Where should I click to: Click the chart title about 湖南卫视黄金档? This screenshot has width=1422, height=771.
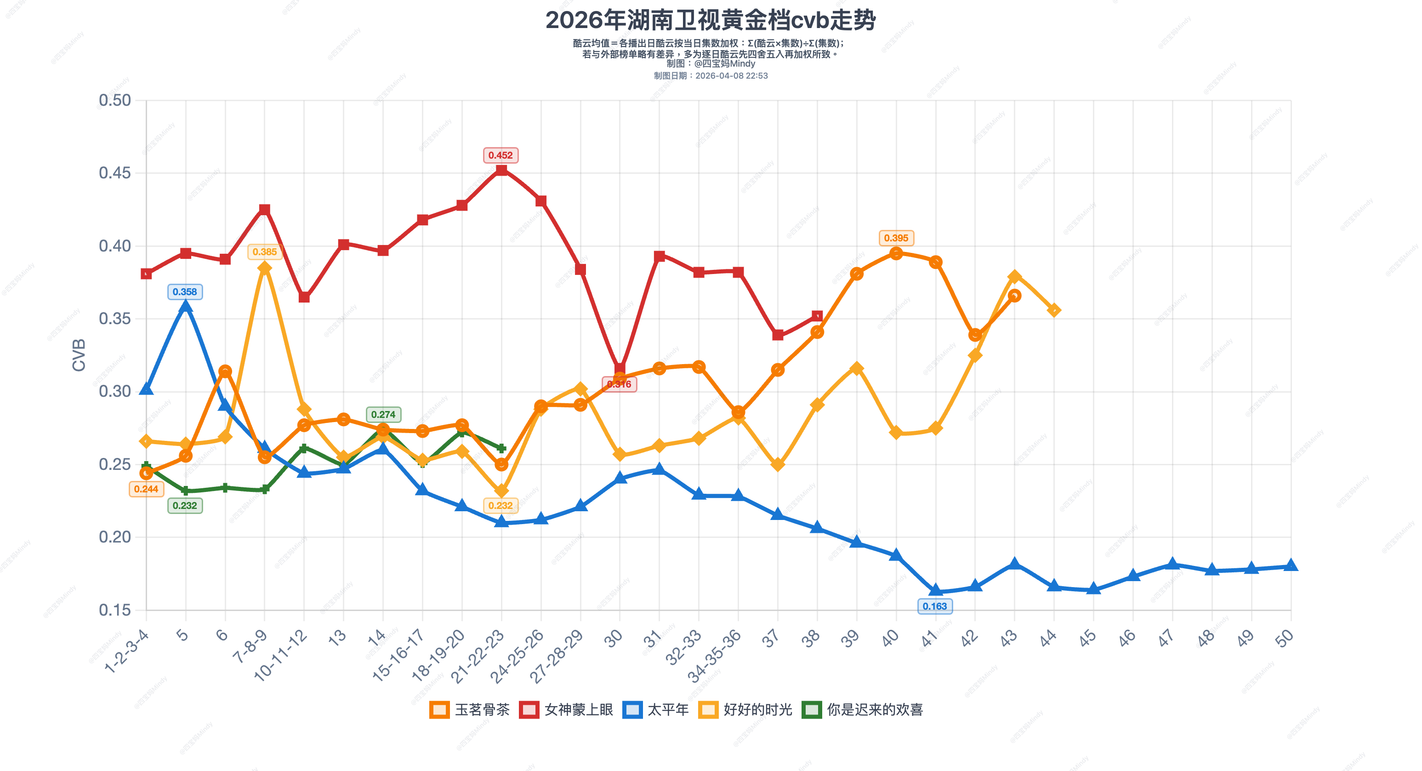[x=711, y=20]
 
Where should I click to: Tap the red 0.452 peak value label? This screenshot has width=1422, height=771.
[x=500, y=155]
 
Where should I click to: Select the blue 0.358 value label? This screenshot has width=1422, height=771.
[x=185, y=291]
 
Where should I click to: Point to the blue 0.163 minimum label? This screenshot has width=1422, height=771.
[x=934, y=606]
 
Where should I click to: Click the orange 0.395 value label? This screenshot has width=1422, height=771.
[x=896, y=238]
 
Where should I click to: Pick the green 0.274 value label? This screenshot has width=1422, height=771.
[x=383, y=414]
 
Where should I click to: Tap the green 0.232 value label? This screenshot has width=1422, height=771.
[x=185, y=505]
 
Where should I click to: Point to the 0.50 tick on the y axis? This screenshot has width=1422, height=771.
[x=115, y=101]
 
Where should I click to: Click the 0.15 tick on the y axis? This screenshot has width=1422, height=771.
[x=115, y=610]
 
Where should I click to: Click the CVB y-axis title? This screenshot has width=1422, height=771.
[x=79, y=355]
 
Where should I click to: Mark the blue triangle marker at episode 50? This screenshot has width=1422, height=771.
[x=1291, y=565]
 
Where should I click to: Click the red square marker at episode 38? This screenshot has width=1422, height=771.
[x=817, y=316]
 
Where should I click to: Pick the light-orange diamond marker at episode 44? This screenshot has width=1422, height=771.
[x=1054, y=310]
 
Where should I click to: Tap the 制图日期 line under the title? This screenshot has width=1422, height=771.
[x=711, y=76]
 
